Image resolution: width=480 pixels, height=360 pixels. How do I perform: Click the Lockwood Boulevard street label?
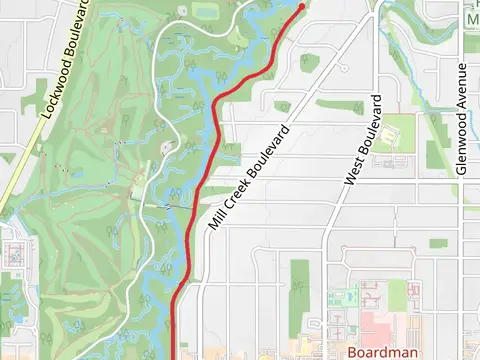click(x=66, y=60)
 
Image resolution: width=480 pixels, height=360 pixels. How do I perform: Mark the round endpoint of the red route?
click(x=302, y=7)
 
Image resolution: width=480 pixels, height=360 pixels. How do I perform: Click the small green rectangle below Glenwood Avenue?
click(x=438, y=243)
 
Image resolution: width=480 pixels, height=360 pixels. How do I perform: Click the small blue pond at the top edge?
click(x=207, y=10)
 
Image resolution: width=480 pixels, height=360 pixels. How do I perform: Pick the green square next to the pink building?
click(x=398, y=293)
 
